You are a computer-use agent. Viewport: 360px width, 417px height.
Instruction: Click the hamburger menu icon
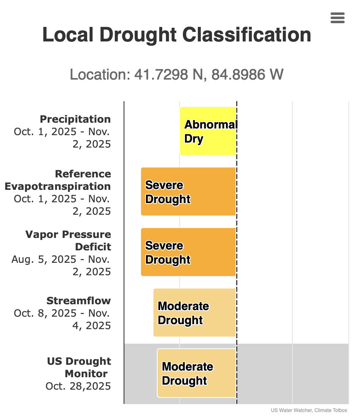pyautogui.click(x=338, y=18)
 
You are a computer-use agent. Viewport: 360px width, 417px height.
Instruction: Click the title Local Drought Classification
pyautogui.click(x=177, y=35)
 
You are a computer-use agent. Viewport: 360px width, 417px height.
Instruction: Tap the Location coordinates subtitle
pyautogui.click(x=177, y=75)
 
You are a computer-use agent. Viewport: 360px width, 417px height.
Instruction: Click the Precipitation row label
pyautogui.click(x=75, y=119)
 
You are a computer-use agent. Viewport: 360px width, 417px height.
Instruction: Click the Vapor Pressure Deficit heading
pyautogui.click(x=68, y=240)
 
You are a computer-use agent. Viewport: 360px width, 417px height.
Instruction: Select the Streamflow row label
pyautogui.click(x=78, y=301)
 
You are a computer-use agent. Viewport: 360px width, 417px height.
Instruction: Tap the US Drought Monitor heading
pyautogui.click(x=79, y=367)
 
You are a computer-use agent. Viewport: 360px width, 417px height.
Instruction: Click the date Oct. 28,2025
pyautogui.click(x=78, y=386)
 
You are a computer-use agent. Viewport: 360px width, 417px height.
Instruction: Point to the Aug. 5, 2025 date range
pyautogui.click(x=61, y=265)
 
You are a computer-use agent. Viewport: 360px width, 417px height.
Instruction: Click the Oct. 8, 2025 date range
pyautogui.click(x=62, y=319)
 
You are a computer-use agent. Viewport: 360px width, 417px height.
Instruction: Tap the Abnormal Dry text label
pyautogui.click(x=211, y=131)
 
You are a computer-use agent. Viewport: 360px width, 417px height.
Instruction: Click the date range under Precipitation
pyautogui.click(x=62, y=138)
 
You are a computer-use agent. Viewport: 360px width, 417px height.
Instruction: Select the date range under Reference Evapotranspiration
pyautogui.click(x=62, y=205)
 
